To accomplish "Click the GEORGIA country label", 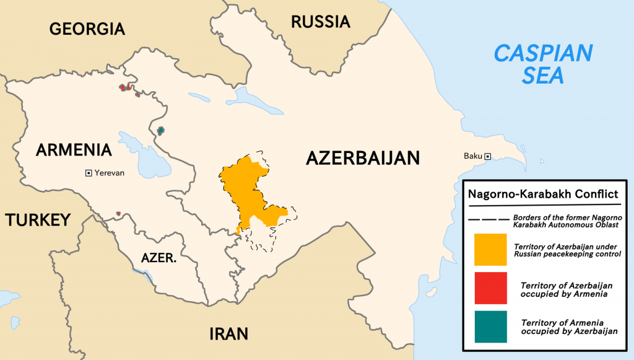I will pyautogui.click(x=87, y=29).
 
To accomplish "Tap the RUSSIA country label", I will pyautogui.click(x=321, y=22).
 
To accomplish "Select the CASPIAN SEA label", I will pyautogui.click(x=543, y=64).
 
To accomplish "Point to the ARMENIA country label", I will pyautogui.click(x=74, y=150).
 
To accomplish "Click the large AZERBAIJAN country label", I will pyautogui.click(x=363, y=158).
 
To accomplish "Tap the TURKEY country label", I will pyautogui.click(x=37, y=220).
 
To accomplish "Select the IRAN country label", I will pyautogui.click(x=228, y=334).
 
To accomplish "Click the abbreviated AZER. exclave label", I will pyautogui.click(x=158, y=258).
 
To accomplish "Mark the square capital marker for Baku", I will pyautogui.click(x=488, y=156).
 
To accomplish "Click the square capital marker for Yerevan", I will pyautogui.click(x=89, y=173).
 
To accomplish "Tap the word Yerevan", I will pyautogui.click(x=110, y=173).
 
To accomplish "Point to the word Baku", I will pyautogui.click(x=473, y=156).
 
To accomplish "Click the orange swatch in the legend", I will pyautogui.click(x=490, y=250).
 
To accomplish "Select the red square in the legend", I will pyautogui.click(x=490, y=288).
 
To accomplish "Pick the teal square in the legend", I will pyautogui.click(x=490, y=327).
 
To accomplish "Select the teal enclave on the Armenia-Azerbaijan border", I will pyautogui.click(x=161, y=130).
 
